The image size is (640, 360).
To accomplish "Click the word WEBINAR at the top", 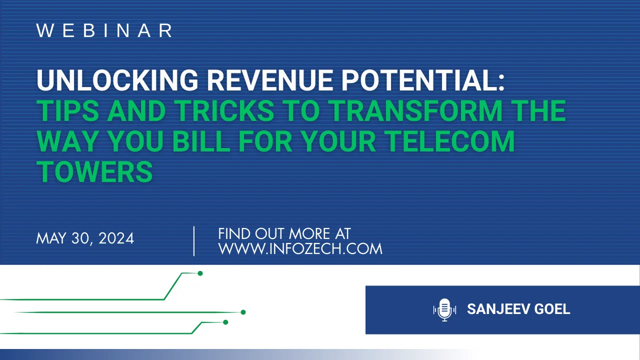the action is coord(104,30).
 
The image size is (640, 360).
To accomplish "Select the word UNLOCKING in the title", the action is coord(117,80).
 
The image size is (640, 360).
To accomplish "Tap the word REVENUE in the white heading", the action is coord(269,80).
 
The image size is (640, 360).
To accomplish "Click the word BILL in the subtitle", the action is coord(201,141).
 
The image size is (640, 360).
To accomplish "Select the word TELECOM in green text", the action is coord(450,141).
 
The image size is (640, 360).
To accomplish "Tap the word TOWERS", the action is coord(94,171).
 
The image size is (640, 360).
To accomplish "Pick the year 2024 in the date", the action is coord(116,238).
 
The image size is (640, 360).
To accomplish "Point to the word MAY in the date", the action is coord(51,238).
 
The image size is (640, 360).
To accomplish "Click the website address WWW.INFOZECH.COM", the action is coord(300,248).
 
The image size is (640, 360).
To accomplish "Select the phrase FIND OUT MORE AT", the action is coord(284,233).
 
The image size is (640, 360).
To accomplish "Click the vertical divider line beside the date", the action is coord(194,241).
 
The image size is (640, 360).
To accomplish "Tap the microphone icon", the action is coord(444,309).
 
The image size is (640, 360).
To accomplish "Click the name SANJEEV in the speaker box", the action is coord(498,309).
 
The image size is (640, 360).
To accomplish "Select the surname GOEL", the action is coord(552,309).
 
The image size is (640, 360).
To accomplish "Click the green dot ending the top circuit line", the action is coord(200,273).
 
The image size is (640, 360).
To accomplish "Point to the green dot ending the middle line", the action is coord(243,312).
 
